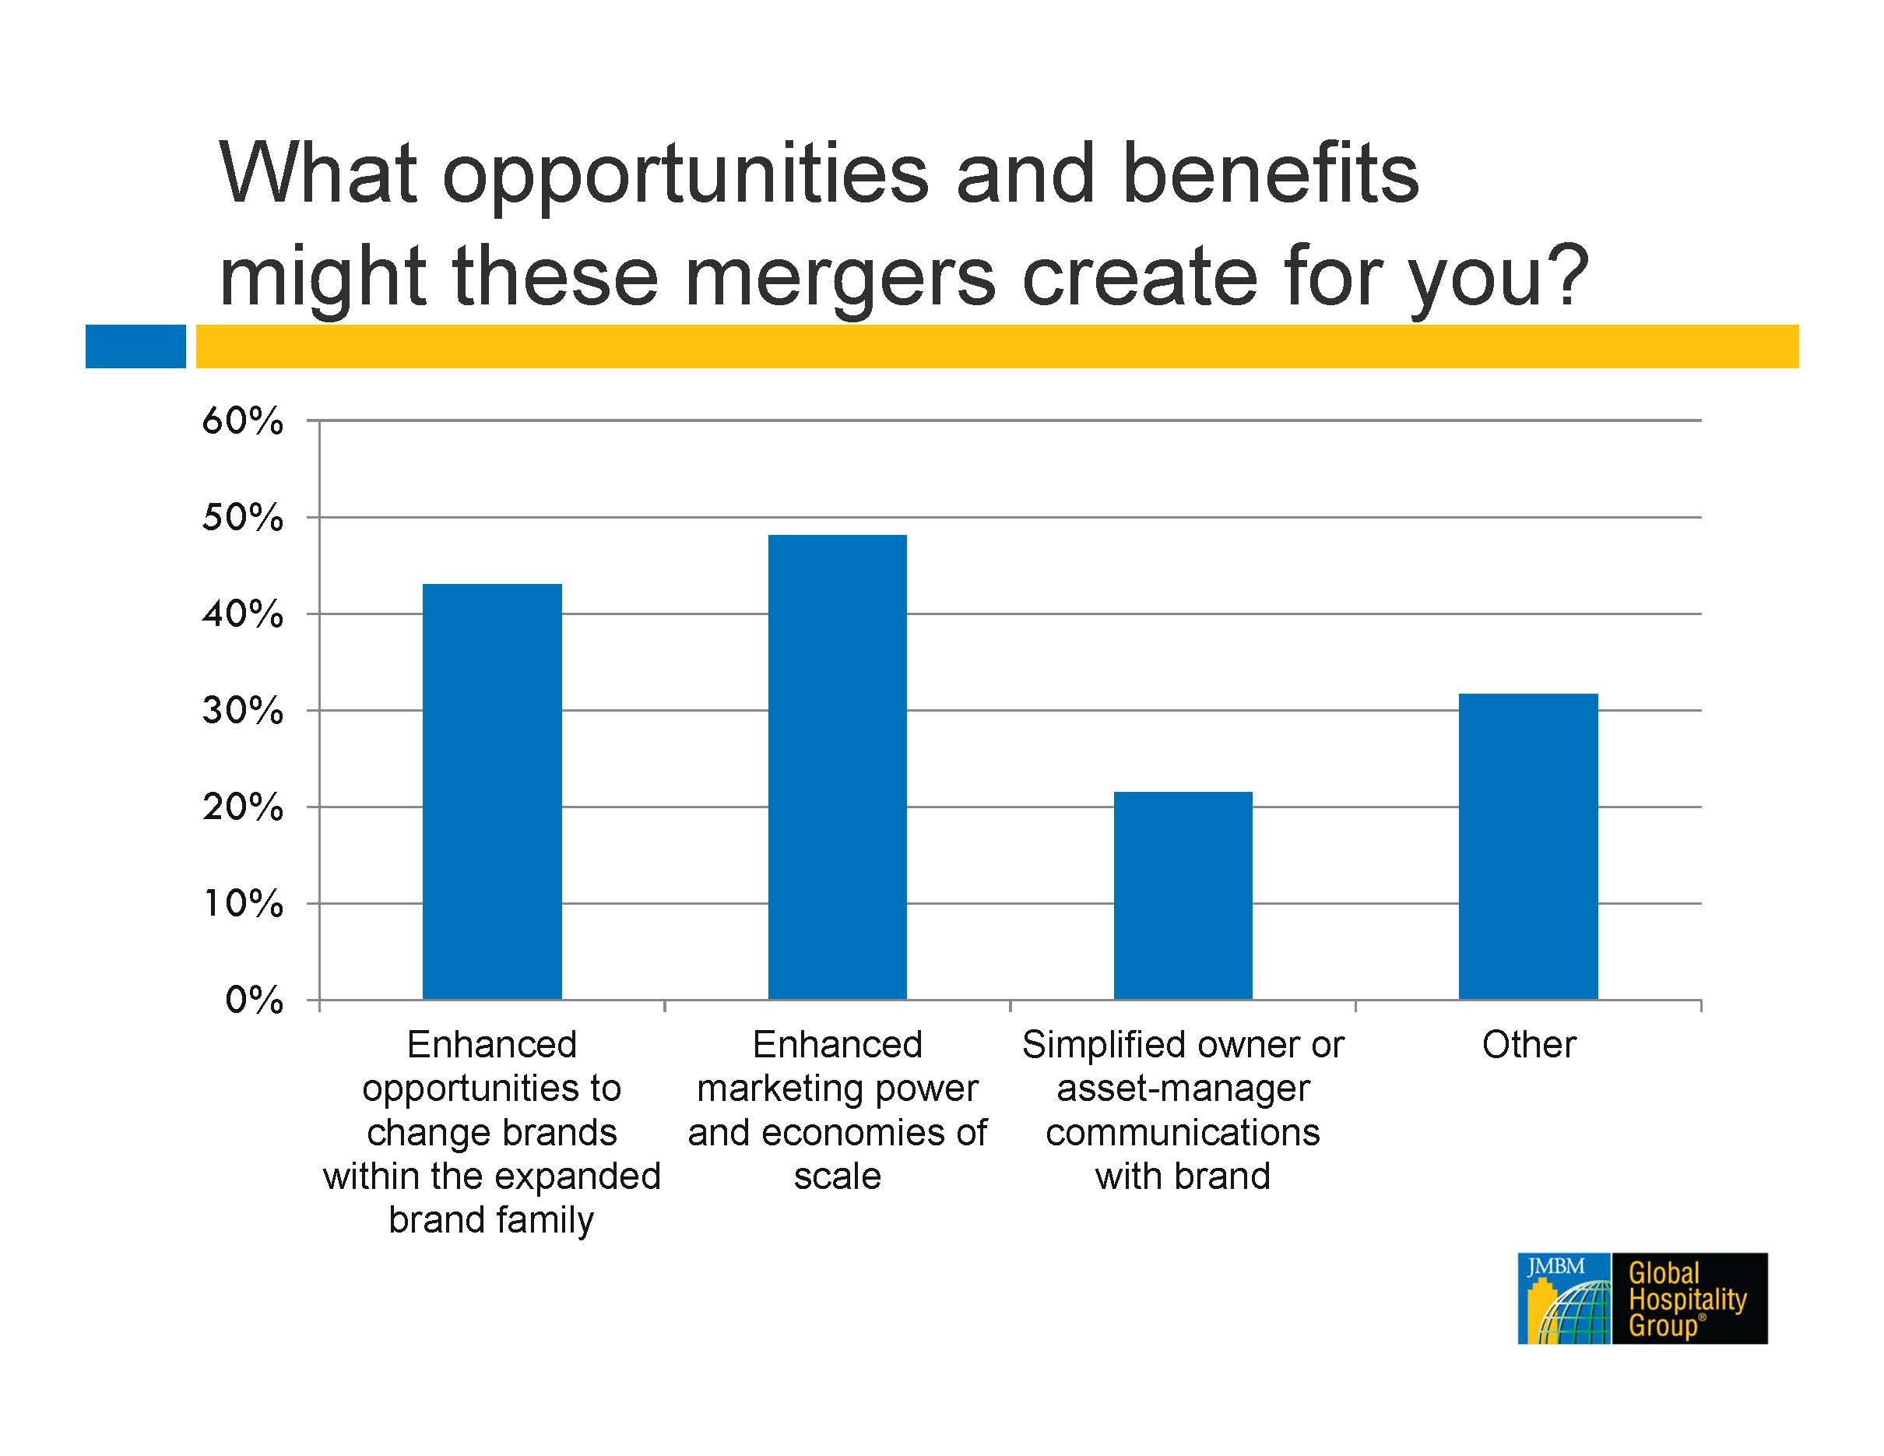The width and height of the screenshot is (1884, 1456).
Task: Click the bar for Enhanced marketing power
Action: tap(837, 767)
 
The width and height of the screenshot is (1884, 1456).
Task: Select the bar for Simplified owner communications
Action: tap(1183, 895)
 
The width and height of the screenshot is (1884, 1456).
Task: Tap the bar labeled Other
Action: tap(1527, 846)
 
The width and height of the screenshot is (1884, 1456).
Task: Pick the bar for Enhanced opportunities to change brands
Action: tap(492, 792)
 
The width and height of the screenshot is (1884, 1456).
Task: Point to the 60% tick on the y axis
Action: tap(242, 421)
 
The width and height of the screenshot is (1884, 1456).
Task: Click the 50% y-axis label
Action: tap(242, 518)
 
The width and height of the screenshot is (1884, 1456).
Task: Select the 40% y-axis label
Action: tap(242, 614)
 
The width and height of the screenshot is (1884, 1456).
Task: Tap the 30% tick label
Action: tap(242, 711)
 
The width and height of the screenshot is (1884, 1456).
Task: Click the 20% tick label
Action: tap(242, 807)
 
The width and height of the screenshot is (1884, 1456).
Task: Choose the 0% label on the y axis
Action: tap(255, 1001)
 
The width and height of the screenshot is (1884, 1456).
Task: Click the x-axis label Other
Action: tap(1528, 1045)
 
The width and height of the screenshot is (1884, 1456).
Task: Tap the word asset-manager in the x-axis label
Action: tap(1183, 1089)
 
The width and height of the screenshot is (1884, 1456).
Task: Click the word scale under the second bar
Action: tap(838, 1176)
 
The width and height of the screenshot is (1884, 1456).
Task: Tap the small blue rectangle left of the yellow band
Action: tap(135, 346)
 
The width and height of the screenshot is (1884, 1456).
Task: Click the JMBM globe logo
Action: tap(1564, 1298)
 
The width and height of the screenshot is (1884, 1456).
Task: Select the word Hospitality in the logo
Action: tap(1687, 1299)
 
